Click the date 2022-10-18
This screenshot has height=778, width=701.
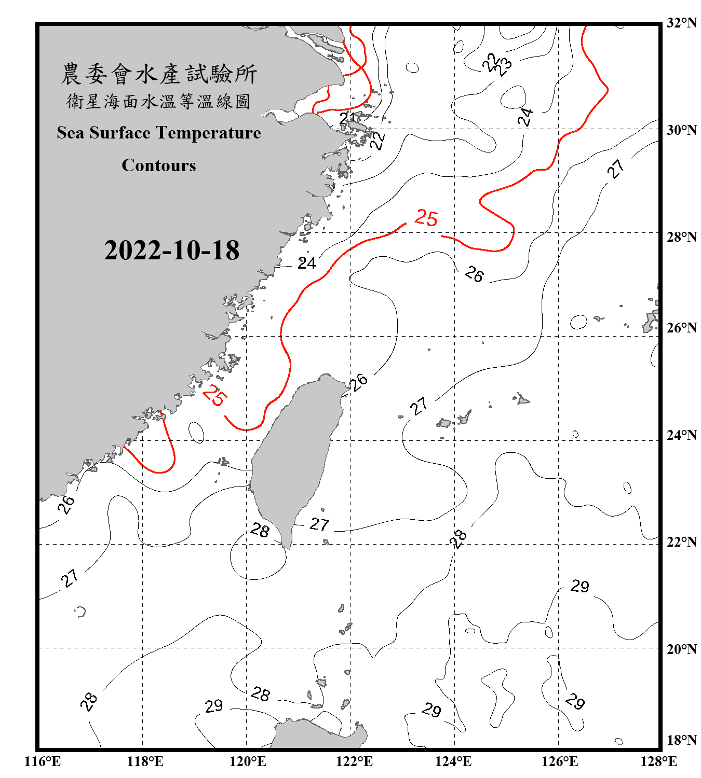point(171,251)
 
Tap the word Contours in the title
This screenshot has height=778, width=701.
point(159,165)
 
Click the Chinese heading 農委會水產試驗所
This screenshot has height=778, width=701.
point(159,74)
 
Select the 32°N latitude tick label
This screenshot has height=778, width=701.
point(681,23)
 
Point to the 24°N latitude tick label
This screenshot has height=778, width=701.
point(681,435)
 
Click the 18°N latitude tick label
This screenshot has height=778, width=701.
point(681,740)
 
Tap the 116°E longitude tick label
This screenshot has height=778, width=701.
point(43,761)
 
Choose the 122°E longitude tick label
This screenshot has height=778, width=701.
point(354,761)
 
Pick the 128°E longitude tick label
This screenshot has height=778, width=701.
point(658,761)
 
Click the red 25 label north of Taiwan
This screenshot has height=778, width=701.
point(426,218)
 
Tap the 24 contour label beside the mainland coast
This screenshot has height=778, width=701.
point(306,263)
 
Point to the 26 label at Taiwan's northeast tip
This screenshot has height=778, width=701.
point(358,382)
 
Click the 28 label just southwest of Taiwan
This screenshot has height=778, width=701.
point(260,530)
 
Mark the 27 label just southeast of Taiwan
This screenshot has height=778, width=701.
point(319,524)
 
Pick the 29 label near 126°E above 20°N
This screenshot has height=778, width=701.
point(580,586)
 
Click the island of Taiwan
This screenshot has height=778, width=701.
point(296,456)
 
